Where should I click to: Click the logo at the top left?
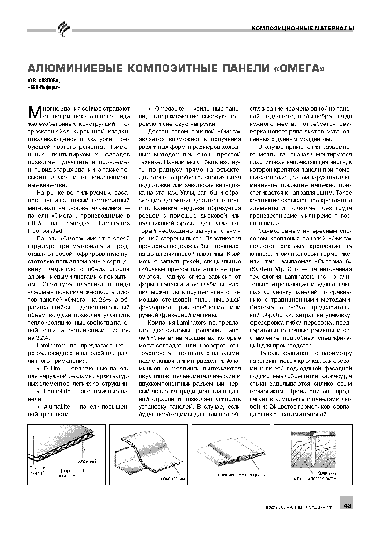(63, 29)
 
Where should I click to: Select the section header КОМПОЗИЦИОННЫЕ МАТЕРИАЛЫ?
(303, 29)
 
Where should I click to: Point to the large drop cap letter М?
(34, 111)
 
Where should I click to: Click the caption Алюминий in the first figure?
(88, 461)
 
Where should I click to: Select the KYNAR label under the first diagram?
(37, 473)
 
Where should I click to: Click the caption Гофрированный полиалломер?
(70, 473)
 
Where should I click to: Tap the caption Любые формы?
(172, 479)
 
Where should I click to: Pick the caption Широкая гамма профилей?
(242, 475)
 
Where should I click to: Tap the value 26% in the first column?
(101, 300)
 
